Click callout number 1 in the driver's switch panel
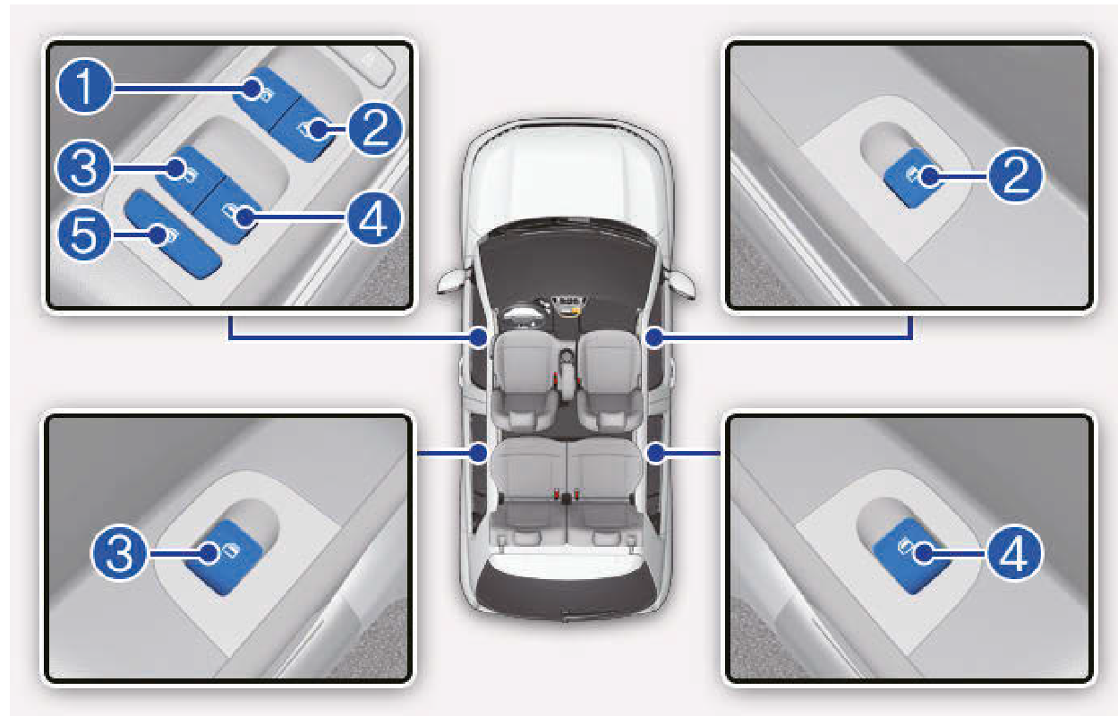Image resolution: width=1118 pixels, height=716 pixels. coord(85,87)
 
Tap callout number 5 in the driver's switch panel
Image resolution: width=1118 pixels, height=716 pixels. coord(84,234)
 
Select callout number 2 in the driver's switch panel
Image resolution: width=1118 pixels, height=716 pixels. coord(375,129)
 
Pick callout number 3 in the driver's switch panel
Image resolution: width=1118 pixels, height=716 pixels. coord(84,167)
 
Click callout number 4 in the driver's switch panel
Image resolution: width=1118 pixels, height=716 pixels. coord(373,218)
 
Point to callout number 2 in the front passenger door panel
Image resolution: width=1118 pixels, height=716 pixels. coord(1015,175)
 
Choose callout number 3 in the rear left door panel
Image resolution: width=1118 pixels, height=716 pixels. coord(119,553)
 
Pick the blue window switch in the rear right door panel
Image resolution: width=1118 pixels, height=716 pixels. coord(912,555)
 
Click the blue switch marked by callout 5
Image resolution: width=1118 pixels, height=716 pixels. coord(172,234)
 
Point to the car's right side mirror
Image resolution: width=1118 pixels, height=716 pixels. coord(679,283)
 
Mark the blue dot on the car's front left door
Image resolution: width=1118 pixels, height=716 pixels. coord(478,337)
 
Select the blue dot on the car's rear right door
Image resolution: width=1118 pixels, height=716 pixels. coord(655,453)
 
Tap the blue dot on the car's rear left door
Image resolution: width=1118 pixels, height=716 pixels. coord(478,453)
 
